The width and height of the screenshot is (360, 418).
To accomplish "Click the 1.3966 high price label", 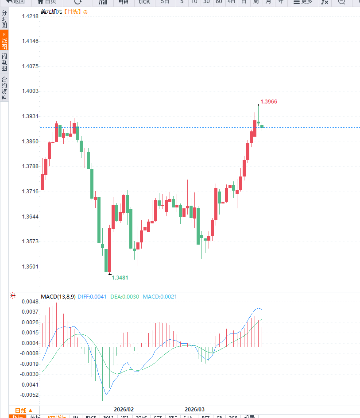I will (269, 102).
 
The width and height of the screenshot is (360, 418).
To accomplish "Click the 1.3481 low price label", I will (120, 278).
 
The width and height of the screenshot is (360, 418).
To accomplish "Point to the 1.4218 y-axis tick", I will (30, 16).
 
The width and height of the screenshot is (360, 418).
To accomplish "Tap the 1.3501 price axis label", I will (30, 267).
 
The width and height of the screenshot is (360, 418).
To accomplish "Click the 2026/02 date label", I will (124, 410).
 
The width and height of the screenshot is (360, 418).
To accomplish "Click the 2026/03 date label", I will (194, 410).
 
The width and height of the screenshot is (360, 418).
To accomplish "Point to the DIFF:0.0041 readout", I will (92, 297).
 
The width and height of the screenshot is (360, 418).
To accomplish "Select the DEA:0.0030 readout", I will (125, 297).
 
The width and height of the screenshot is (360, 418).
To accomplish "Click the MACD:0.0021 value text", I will (159, 297).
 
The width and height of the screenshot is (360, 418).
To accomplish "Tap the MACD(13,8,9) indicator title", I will (58, 297).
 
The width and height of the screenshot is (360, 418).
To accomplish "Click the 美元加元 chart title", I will (51, 12).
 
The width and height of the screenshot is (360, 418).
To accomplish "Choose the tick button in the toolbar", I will (144, 2).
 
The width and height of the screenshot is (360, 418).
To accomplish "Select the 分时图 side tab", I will (4, 19).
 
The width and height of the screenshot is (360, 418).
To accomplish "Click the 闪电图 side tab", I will (4, 62).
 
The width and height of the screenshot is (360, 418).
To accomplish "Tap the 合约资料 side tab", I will (4, 88).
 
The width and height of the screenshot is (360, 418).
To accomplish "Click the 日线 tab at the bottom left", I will (24, 410).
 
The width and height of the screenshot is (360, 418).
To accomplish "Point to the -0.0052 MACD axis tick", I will (30, 395).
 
